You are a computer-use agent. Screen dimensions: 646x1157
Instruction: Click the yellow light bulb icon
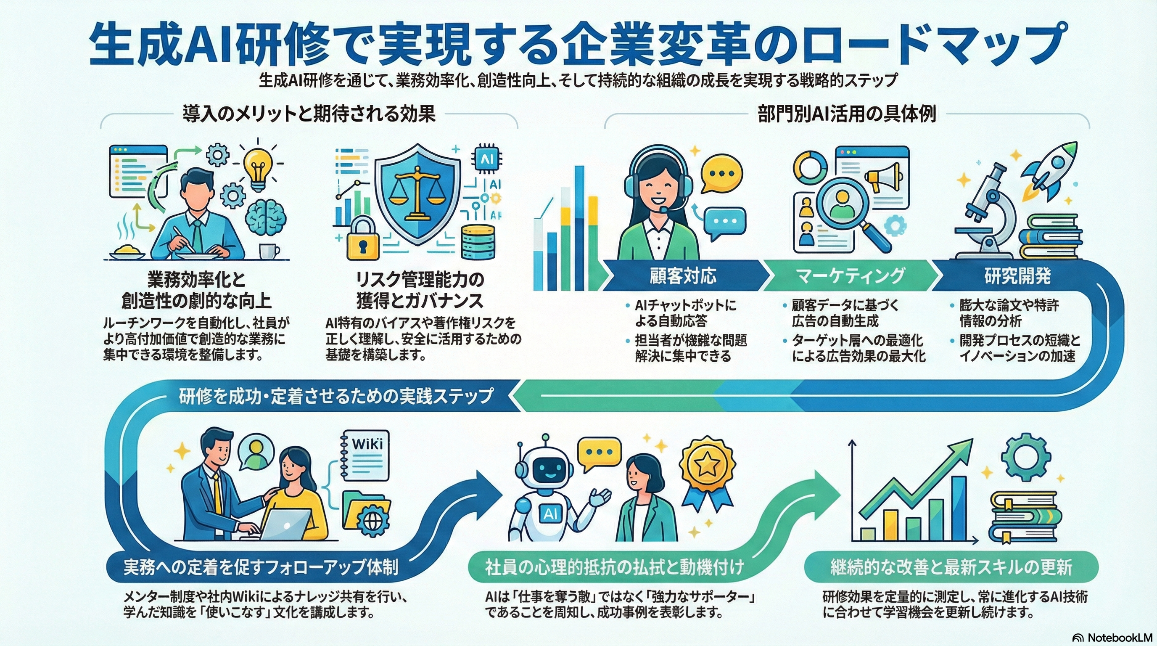click(x=257, y=169)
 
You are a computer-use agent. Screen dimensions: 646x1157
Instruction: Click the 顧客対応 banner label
click(x=683, y=275)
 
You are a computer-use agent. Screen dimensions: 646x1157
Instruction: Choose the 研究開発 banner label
click(x=1017, y=275)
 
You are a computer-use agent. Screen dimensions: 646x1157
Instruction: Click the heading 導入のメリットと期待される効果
click(x=309, y=114)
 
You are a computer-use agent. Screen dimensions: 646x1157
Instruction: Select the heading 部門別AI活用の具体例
click(x=847, y=114)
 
